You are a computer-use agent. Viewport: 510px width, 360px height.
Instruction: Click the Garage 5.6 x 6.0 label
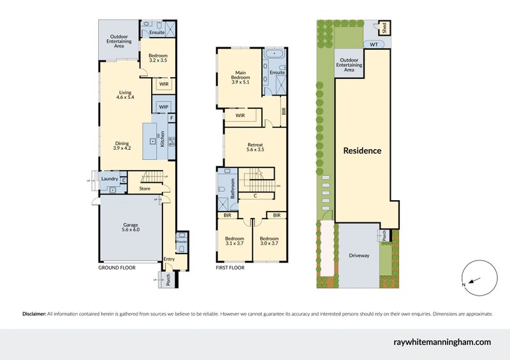[130, 227]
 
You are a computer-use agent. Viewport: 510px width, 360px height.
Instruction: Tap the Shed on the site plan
[385, 27]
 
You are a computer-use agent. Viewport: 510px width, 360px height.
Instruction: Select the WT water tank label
[373, 45]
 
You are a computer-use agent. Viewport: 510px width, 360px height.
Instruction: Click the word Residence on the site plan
[362, 151]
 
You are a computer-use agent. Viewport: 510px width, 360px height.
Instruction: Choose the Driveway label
[359, 256]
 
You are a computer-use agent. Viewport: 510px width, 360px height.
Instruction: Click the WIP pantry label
[164, 106]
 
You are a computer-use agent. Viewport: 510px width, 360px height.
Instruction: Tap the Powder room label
[181, 242]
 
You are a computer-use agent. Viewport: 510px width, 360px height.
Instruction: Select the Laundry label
[110, 179]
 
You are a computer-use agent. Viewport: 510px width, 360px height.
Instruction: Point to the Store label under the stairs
[145, 188]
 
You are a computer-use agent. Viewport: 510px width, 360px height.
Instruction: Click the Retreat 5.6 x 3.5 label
[256, 147]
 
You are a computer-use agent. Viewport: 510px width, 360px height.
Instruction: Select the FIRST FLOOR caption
[230, 268]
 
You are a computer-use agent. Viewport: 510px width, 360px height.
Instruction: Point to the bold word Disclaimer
[34, 313]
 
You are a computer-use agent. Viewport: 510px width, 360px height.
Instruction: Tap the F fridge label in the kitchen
[171, 119]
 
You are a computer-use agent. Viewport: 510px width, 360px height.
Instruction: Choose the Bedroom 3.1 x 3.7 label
[235, 241]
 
